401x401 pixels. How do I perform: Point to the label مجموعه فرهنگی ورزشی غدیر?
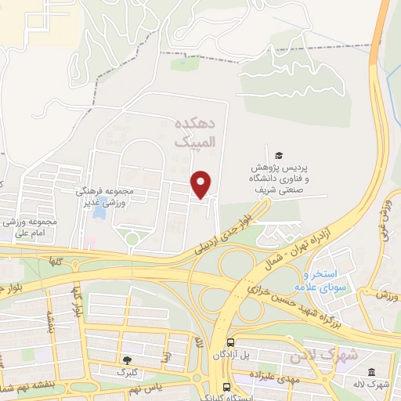click(x=107, y=196)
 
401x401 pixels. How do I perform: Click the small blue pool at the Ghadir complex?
click(x=99, y=211)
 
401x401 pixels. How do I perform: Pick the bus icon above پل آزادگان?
click(x=230, y=343)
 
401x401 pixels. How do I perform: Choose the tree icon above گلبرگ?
click(x=127, y=359)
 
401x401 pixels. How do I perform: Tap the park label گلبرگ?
click(x=127, y=372)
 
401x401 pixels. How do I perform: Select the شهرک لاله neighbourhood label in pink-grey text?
click(x=323, y=355)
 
